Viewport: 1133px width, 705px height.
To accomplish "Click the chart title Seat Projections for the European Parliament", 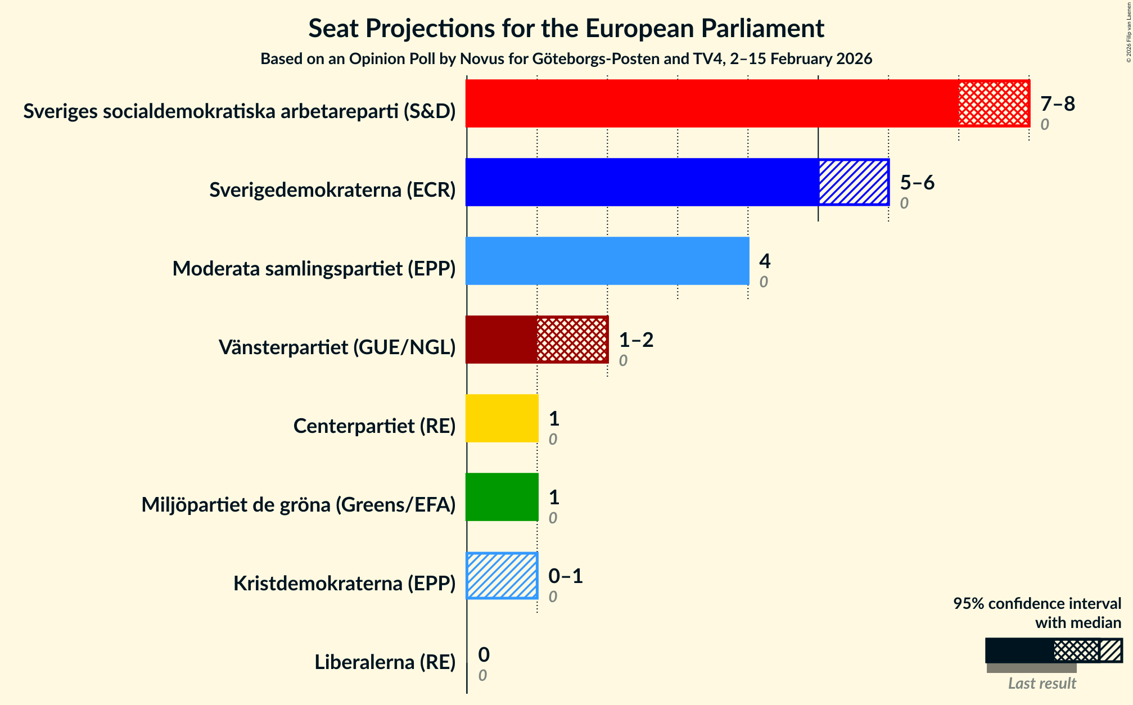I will [566, 28].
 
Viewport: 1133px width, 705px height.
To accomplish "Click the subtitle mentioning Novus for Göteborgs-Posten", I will [566, 59].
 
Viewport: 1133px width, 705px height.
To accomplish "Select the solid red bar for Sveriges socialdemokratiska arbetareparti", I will [711, 103].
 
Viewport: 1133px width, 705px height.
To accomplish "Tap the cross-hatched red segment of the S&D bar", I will [994, 103].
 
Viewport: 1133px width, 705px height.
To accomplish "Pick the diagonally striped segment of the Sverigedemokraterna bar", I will [853, 182].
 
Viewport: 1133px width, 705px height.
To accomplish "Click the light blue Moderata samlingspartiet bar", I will [607, 261].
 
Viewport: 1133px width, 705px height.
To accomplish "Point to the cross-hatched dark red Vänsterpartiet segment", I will [572, 340].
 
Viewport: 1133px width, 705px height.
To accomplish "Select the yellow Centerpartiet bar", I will [502, 418].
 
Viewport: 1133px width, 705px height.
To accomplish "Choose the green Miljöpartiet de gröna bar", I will [502, 497].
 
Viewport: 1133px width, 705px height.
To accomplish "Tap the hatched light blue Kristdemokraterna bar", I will [502, 576].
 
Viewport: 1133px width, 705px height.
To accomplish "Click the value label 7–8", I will [1057, 104].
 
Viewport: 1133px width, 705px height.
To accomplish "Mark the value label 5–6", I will [917, 183].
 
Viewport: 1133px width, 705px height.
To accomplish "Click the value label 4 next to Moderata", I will [765, 261].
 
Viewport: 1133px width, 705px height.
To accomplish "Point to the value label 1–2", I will [636, 340].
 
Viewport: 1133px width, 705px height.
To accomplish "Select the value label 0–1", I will [565, 576].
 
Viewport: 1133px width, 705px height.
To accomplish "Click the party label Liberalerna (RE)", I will [385, 662].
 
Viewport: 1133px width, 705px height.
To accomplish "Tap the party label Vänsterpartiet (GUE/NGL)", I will [337, 347].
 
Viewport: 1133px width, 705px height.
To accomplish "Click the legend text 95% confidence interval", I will [1037, 604].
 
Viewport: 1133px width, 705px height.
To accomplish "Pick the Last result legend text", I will [1041, 683].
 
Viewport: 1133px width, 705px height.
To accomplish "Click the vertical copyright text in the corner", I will [1129, 31].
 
